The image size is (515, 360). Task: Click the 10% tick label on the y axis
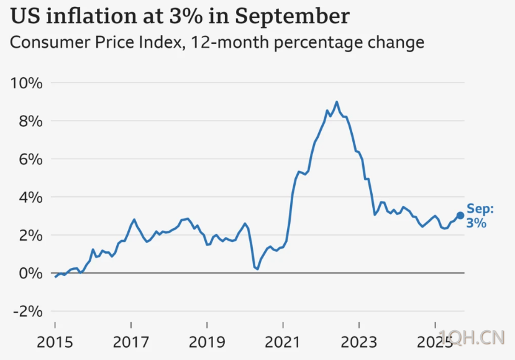[26, 83]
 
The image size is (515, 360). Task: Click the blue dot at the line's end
[460, 216]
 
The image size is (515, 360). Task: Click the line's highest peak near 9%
[337, 102]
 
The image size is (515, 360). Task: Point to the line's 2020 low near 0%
[256, 269]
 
